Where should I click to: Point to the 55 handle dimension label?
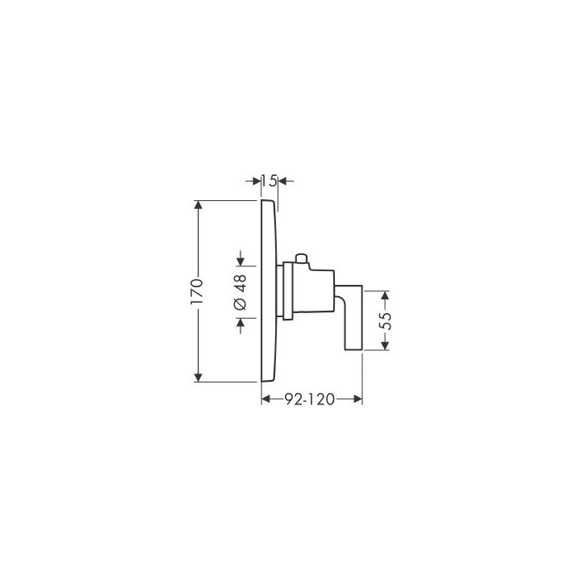(385, 320)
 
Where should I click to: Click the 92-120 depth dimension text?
(311, 398)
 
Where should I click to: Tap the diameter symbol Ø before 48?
(241, 304)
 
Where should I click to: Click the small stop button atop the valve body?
(301, 259)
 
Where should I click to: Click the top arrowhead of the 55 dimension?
(385, 295)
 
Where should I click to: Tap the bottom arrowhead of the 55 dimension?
(385, 346)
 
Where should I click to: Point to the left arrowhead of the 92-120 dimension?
(266, 398)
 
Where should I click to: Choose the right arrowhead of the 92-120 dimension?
(357, 398)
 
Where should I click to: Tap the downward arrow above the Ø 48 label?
(241, 260)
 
